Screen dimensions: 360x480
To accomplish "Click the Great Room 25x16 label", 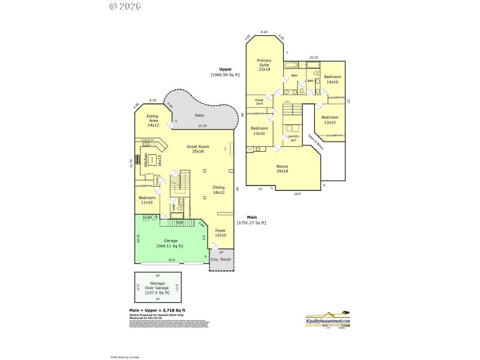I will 197,149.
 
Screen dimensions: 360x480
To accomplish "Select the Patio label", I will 200,115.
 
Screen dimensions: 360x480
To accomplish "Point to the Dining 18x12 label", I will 218,190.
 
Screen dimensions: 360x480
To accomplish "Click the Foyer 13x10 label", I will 221,233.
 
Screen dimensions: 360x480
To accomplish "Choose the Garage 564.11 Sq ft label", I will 169,243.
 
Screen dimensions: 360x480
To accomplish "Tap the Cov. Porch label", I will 221,259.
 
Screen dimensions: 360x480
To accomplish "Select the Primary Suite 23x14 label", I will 265,65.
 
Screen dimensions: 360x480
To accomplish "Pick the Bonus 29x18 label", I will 282,169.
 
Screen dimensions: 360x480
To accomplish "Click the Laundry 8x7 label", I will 293,138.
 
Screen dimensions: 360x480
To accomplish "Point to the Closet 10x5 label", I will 259,101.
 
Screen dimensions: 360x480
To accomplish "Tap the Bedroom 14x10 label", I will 332,79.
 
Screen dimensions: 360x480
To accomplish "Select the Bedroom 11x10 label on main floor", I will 147,200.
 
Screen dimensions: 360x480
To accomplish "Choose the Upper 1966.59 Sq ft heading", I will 225,72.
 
